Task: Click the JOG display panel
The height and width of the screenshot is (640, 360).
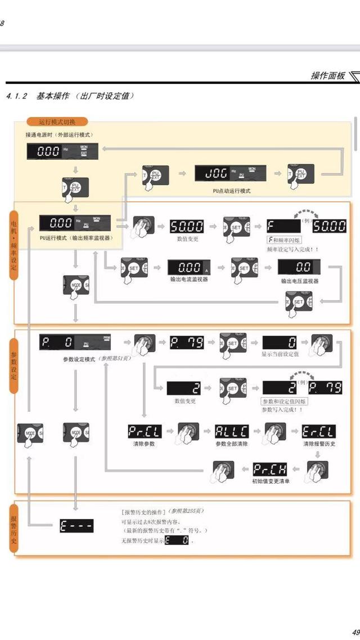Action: tap(223, 173)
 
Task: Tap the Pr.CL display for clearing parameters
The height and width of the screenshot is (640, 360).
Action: tap(145, 432)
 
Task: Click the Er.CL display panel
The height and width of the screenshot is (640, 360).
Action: tap(319, 432)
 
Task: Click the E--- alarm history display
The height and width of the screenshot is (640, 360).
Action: tap(76, 526)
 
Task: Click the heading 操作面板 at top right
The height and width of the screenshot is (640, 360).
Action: tap(328, 75)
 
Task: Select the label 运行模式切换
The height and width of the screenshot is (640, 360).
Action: tap(56, 121)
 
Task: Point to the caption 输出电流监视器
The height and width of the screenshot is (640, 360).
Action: tap(189, 279)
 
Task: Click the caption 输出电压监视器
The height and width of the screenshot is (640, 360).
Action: tap(300, 280)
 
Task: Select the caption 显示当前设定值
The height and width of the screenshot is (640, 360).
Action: tap(280, 355)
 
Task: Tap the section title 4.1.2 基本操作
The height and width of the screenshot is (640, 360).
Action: tap(70, 96)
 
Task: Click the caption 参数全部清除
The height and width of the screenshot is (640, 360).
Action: tap(232, 444)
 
